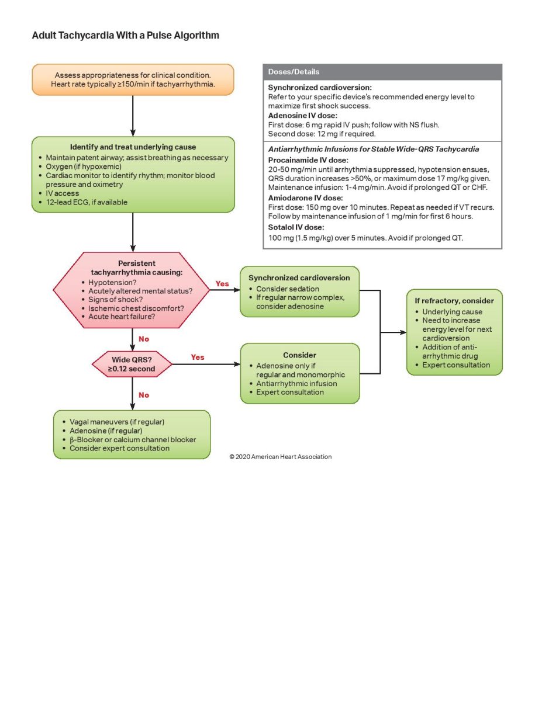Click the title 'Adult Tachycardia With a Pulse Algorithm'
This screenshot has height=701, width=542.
coord(126,36)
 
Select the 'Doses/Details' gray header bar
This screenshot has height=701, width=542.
coord(382,72)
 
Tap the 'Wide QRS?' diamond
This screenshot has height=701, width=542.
coord(132,364)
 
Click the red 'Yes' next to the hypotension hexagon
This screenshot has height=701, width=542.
coord(222,284)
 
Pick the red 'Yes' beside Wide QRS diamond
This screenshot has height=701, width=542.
coord(198,357)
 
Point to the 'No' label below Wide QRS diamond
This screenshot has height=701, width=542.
coord(144,395)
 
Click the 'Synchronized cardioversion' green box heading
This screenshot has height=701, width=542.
coord(299,278)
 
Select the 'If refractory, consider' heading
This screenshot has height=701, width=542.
coord(454,301)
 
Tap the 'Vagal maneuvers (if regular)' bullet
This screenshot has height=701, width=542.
coord(117,422)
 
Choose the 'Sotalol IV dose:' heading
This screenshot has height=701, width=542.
coord(296,227)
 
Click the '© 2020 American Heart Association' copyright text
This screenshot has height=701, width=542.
coord(281,457)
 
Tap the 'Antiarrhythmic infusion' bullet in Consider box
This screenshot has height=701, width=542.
coord(296,384)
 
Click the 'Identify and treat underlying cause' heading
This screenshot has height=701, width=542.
coord(133,147)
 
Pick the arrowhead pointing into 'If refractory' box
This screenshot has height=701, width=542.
coord(403,332)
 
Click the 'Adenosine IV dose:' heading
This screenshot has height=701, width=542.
coord(299,116)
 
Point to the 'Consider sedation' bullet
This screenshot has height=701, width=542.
coord(288,289)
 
